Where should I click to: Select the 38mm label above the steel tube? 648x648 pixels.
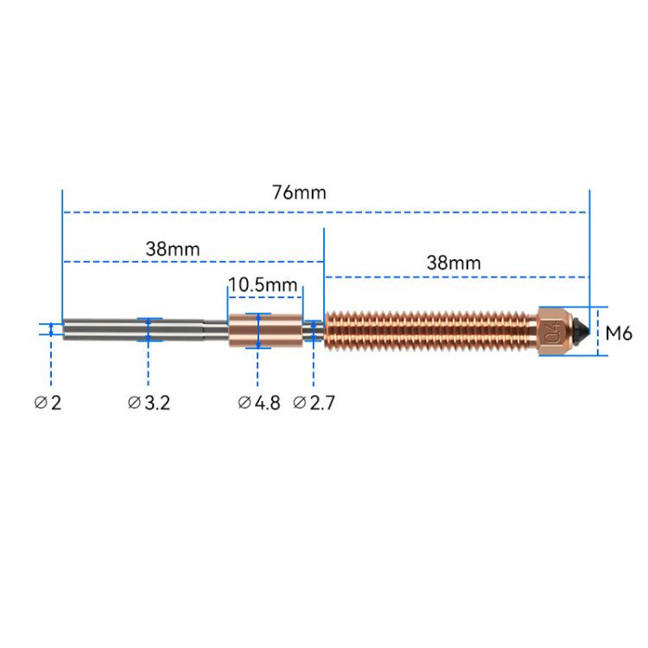click(x=173, y=248)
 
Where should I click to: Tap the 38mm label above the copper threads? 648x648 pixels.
click(x=454, y=262)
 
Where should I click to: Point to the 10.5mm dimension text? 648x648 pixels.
click(x=263, y=285)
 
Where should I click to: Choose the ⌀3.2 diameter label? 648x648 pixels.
click(x=149, y=402)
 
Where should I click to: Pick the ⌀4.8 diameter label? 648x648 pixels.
click(x=258, y=402)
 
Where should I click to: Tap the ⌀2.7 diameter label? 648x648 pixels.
click(x=313, y=402)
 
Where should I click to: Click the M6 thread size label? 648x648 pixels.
click(x=619, y=331)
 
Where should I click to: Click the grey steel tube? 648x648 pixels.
click(x=130, y=330)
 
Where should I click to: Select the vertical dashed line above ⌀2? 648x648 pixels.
click(x=52, y=363)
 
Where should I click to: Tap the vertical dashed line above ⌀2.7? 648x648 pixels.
click(x=313, y=367)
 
